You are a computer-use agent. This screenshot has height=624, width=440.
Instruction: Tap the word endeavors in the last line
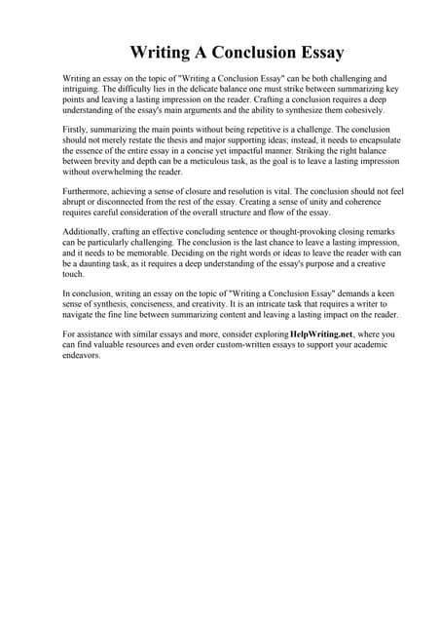coord(86,393)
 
